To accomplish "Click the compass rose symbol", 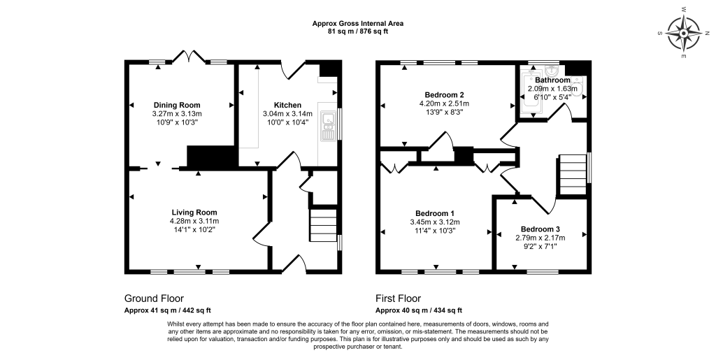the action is click(684, 34).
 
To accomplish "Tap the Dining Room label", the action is click(177, 105).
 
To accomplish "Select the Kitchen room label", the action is click(287, 105).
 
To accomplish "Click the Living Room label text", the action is click(194, 213).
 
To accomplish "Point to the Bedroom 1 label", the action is click(435, 213).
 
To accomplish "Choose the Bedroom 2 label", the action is click(444, 95).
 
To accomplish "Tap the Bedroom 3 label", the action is click(540, 229).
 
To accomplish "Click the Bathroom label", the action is click(552, 80).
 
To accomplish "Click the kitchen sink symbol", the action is click(327, 125).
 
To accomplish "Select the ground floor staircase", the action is click(323, 225).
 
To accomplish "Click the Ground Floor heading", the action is click(154, 298).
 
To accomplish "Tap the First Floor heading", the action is click(398, 298).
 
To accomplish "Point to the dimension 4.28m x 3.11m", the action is click(194, 221).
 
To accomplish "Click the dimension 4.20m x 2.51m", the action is click(444, 103).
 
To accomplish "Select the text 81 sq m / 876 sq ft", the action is click(357, 31).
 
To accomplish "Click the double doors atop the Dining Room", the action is click(189, 56).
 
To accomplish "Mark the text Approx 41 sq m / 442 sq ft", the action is click(168, 310).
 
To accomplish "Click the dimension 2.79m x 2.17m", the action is click(540, 238).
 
